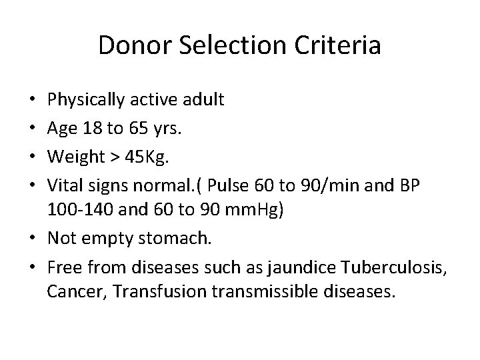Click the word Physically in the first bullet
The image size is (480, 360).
81,100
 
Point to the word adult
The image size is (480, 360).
204,100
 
